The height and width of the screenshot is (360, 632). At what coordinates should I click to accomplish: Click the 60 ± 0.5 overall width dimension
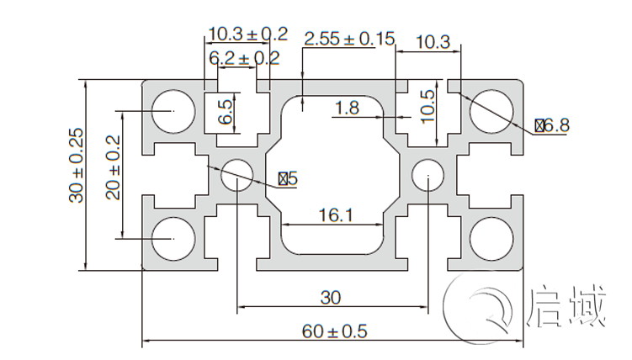pos(335,331)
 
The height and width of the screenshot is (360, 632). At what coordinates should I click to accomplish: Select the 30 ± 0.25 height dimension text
pos(77,165)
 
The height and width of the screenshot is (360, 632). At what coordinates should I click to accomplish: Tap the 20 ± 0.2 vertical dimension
pos(113,167)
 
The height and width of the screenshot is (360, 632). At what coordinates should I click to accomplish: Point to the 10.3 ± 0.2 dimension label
pos(247,34)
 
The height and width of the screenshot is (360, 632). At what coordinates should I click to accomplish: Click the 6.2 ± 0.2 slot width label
pos(244,58)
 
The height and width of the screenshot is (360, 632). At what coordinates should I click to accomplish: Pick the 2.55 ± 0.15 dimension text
pos(349,39)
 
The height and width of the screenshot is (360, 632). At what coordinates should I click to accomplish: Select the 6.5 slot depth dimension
pos(225,112)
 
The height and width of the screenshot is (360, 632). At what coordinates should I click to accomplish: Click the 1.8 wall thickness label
pos(347,108)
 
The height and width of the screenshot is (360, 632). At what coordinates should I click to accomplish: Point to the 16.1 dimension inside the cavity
pos(335,215)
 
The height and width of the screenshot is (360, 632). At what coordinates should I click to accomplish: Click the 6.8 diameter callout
pos(552,126)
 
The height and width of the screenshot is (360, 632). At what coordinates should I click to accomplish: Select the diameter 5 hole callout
pos(287,178)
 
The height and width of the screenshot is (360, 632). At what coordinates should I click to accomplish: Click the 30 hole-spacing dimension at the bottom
pos(332,297)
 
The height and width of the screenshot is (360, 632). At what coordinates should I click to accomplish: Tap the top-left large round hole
pos(173,111)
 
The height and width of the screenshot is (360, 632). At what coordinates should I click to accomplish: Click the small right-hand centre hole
pos(428,176)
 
